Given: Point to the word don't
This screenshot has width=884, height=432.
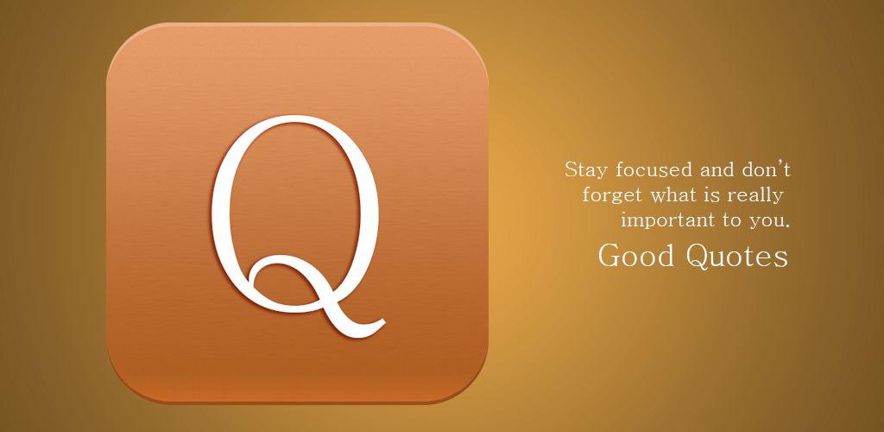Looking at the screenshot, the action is coord(767,169).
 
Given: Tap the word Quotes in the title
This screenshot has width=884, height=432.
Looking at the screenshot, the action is coord(737,256).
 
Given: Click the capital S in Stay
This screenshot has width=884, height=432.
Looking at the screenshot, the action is coord(571,169).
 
